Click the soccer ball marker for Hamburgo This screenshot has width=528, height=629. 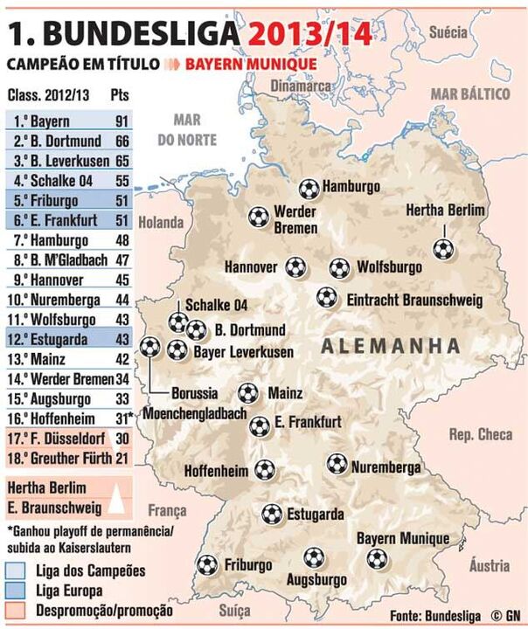pyautogui.click(x=309, y=188)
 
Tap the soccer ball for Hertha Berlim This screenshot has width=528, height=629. pyautogui.click(x=443, y=249)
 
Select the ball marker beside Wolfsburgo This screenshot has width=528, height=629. pyautogui.click(x=340, y=268)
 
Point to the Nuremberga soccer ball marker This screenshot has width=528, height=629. pyautogui.click(x=337, y=464)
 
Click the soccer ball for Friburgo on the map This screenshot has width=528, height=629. pyautogui.click(x=207, y=565)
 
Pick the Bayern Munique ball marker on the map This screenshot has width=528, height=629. pyautogui.click(x=377, y=558)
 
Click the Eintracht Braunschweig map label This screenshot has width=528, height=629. pyautogui.click(x=414, y=300)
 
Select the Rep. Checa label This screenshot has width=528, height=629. pyautogui.click(x=480, y=434)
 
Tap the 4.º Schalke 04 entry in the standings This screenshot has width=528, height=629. pyautogui.click(x=54, y=178)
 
